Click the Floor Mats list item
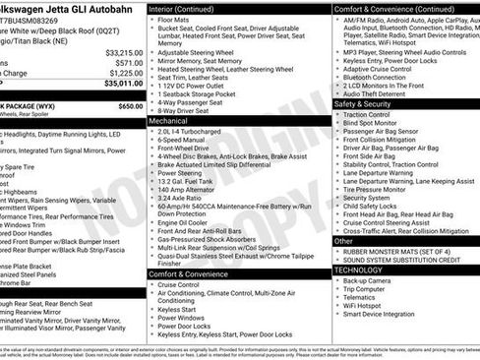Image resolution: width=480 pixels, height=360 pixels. click(174, 20)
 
